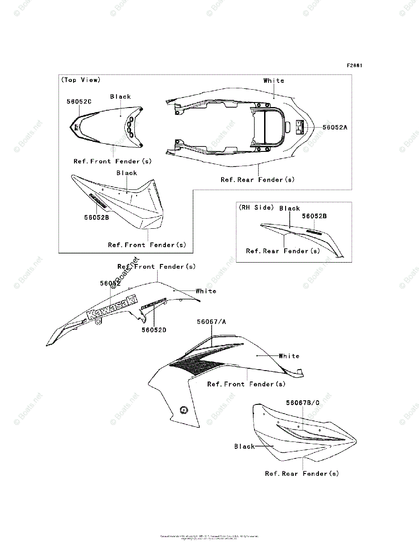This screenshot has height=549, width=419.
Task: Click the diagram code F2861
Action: coord(354,65)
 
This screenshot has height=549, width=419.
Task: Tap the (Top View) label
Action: coord(80,80)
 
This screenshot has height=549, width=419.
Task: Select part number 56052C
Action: coord(79,102)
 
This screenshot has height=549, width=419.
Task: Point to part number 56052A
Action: coord(334,128)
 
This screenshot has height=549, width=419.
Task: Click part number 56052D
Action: coord(154,329)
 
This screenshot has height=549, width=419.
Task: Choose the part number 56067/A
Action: coord(212,322)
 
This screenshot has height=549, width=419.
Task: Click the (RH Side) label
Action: coord(256,208)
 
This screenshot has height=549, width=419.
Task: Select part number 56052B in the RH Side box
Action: coord(314,216)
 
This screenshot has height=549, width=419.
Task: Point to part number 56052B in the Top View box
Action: coord(96,218)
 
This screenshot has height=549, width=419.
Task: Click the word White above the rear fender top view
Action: coord(274,81)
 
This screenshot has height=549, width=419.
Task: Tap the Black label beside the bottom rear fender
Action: coord(244,446)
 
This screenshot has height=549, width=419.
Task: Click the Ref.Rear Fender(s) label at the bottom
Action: coord(302,474)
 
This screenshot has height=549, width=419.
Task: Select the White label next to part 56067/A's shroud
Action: coord(289,356)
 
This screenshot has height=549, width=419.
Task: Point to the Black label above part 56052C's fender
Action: coord(121,97)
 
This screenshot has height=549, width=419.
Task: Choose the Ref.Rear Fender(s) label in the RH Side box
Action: coord(283,251)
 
